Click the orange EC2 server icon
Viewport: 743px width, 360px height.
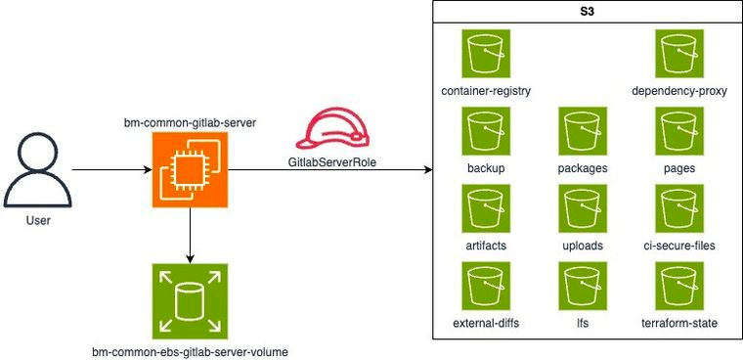[x=190, y=170]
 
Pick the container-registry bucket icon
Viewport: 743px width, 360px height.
[x=486, y=54]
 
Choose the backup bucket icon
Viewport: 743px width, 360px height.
[x=486, y=131]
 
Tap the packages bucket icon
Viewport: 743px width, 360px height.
[x=583, y=131]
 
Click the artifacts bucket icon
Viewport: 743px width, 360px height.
[x=486, y=209]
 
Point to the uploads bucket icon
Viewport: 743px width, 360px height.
[x=583, y=209]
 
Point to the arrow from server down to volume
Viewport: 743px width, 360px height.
[x=190, y=235]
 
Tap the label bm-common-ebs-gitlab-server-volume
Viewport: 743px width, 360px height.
[x=190, y=350]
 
